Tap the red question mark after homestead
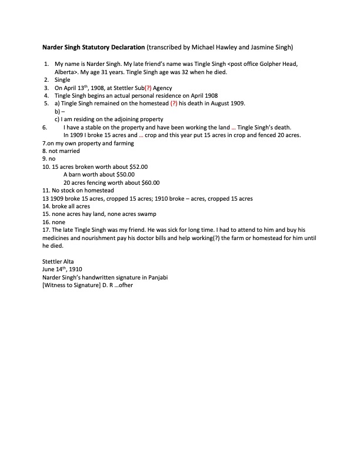tap(174, 103)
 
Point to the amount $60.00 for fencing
tap(148, 182)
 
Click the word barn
tap(76, 174)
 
